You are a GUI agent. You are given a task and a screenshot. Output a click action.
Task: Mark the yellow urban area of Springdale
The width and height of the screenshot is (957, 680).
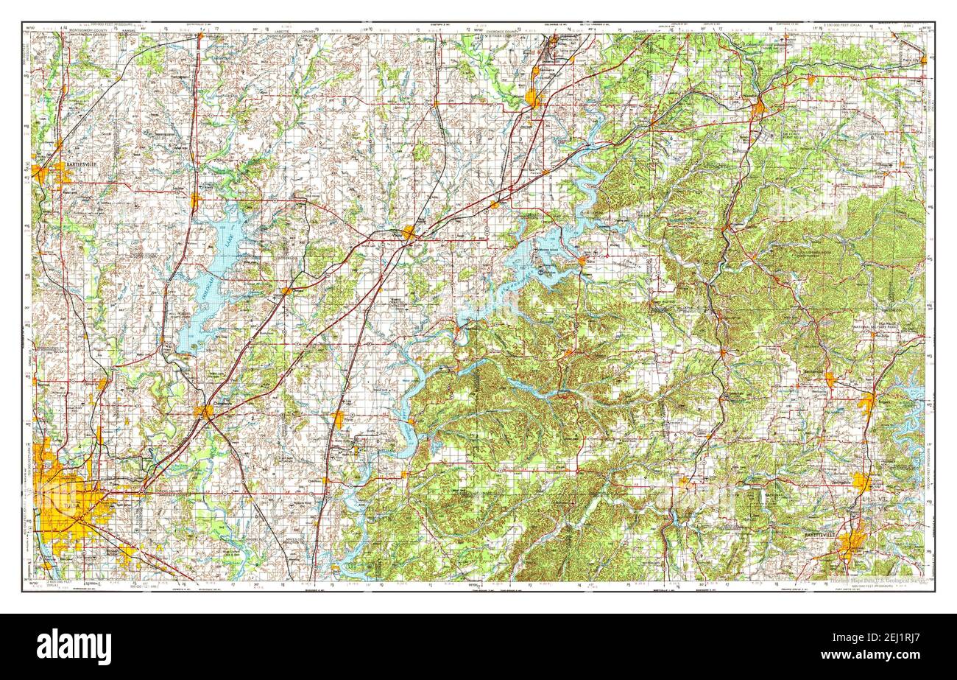pyautogui.click(x=861, y=482)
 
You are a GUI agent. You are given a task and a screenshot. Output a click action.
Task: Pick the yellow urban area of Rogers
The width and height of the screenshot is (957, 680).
pyautogui.click(x=866, y=402)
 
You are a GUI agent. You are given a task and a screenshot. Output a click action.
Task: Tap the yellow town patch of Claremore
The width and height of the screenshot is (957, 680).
pyautogui.click(x=204, y=411)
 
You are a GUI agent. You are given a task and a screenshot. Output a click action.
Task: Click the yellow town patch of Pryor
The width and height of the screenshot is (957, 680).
pyautogui.click(x=338, y=419)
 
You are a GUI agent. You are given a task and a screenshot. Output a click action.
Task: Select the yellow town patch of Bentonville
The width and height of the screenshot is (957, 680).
pyautogui.click(x=830, y=379)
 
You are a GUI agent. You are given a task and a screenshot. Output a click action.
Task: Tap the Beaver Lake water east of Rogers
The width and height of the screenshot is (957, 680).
pyautogui.click(x=913, y=420)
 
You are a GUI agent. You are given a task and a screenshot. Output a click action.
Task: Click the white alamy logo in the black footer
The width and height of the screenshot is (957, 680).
pyautogui.click(x=74, y=646)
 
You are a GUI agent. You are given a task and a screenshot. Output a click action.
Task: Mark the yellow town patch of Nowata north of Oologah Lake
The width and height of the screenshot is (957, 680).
pyautogui.click(x=194, y=200)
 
